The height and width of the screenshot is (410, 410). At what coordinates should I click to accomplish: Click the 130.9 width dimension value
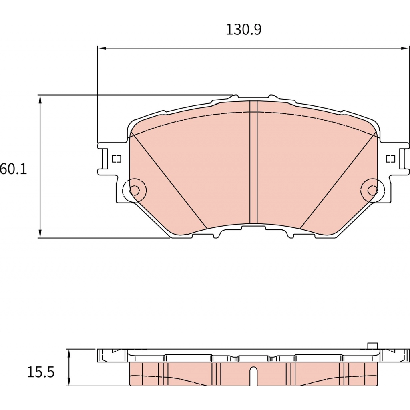[x=243, y=30]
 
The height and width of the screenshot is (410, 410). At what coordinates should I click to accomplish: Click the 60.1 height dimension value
[x=13, y=169]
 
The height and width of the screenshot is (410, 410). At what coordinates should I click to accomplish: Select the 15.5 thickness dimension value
[x=40, y=372]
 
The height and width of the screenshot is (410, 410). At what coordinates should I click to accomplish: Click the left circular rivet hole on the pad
[x=135, y=190]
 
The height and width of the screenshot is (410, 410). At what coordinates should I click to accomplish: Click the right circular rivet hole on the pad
[x=372, y=190]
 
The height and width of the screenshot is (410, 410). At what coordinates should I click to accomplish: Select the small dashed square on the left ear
[x=116, y=159]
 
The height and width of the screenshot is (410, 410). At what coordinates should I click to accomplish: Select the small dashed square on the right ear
[x=390, y=159]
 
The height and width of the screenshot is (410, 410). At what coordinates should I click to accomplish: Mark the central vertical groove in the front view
[x=253, y=162]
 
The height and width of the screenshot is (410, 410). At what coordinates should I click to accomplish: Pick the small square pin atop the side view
[x=373, y=346]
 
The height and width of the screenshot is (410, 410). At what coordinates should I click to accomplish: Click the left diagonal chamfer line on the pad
[x=168, y=180]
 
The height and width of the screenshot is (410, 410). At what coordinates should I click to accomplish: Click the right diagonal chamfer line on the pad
[x=338, y=180]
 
